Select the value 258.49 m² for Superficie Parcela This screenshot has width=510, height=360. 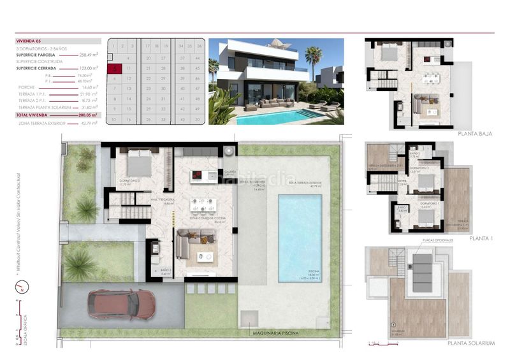pyautogui.click(x=87, y=55)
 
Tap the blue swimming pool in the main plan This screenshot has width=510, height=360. pyautogui.click(x=300, y=236)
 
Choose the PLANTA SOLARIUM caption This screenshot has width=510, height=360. pyautogui.click(x=470, y=344)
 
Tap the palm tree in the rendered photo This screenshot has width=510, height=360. pyautogui.click(x=312, y=57)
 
